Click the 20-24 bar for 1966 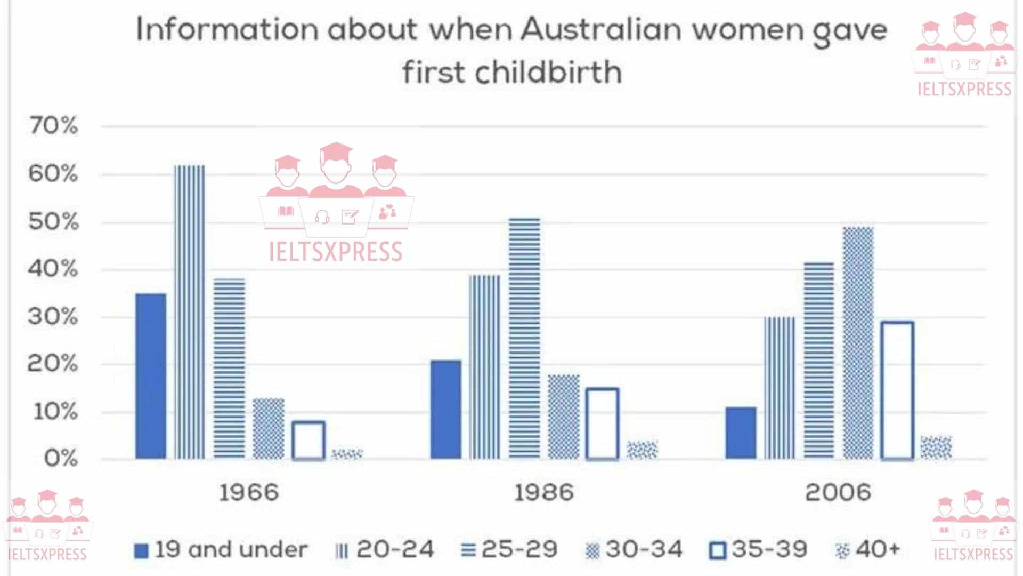(x=190, y=312)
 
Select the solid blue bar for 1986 (x=446, y=410)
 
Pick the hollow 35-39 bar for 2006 (x=898, y=390)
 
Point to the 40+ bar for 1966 (x=347, y=454)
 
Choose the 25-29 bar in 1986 (x=524, y=338)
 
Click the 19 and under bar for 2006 (x=741, y=433)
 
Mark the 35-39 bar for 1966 (x=308, y=440)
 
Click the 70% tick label (x=53, y=126)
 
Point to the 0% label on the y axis (x=61, y=458)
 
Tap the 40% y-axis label (x=53, y=269)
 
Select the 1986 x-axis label (x=543, y=492)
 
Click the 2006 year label (x=838, y=492)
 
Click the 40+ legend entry (x=868, y=550)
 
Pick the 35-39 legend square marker (x=718, y=550)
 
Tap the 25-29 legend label (x=519, y=550)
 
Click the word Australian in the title (x=601, y=29)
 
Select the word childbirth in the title (x=549, y=72)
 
